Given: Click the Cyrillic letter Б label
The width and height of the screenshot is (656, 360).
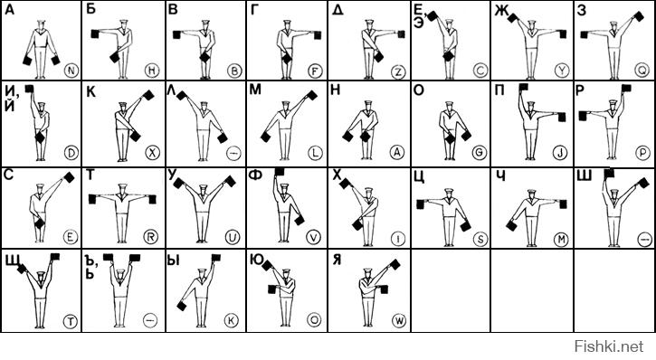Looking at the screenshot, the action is point(90,9).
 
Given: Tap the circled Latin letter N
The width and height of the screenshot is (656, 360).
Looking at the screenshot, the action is point(71,71).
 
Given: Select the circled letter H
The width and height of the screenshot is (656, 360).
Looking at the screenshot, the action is point(152,71).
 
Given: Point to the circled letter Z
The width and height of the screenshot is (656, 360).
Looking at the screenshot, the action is point(398,72).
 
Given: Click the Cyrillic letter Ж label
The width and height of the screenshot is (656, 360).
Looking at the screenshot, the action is point(501,11).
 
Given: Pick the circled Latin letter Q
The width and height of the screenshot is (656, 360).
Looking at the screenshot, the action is point(642,71).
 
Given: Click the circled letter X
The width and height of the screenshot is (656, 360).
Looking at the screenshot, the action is point(152,153).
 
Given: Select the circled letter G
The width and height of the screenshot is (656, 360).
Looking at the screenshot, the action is point(479,153).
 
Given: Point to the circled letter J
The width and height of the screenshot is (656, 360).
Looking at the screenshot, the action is point(560,153).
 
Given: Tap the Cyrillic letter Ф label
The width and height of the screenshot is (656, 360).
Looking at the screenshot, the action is point(255,175).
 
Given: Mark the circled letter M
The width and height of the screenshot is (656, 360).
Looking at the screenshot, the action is point(561,239).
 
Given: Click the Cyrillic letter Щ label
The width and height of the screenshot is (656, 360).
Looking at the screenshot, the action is point(12,261).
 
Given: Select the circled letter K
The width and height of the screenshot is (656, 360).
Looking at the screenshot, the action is point(232,320).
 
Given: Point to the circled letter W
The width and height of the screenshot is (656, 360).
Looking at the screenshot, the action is point(399,321).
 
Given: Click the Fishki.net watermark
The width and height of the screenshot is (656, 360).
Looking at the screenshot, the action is point(609,346).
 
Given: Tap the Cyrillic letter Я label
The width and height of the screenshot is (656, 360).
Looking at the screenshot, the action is point(337,260).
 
